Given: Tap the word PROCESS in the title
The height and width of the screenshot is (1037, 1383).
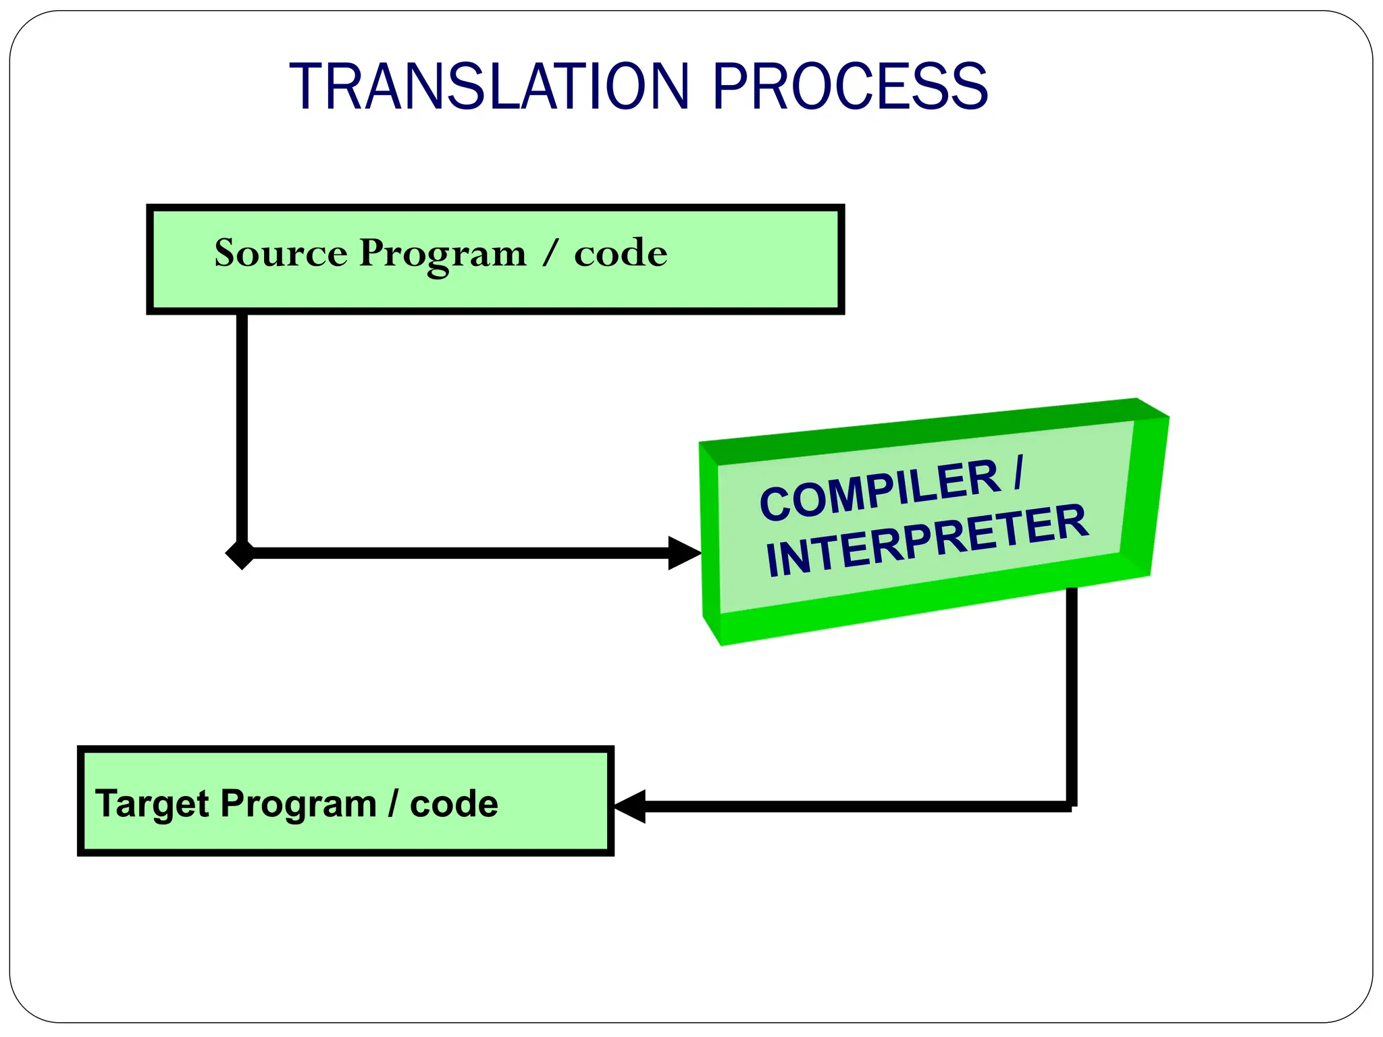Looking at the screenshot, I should point(851,86).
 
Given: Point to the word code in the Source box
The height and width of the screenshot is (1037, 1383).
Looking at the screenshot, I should point(621,254).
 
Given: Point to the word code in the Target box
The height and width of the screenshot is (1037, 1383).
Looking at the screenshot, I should point(454,804).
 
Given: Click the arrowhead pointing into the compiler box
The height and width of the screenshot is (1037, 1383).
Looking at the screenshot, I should point(683,553).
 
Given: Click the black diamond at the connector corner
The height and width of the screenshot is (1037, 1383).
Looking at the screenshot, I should point(240,554).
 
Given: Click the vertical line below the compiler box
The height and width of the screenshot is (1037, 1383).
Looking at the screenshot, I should point(1071,695).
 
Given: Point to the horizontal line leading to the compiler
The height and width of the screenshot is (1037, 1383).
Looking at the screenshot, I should point(459,553).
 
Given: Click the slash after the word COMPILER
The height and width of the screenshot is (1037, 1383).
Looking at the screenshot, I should point(1018,473).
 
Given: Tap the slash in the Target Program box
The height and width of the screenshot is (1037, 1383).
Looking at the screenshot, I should point(393,804).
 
